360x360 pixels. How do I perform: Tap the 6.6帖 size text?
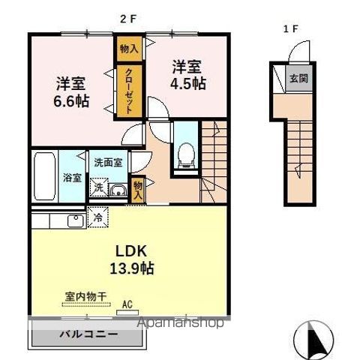coord(72,100)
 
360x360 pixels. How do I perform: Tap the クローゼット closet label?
coord(128,91)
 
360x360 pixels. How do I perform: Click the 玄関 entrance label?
coord(298,77)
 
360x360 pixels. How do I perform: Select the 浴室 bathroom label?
coord(72,179)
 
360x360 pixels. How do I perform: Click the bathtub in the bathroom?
coord(44,175)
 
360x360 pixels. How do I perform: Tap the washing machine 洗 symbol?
coord(97,188)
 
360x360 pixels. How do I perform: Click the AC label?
coord(128,304)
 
